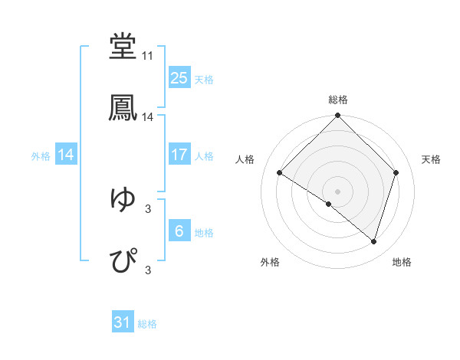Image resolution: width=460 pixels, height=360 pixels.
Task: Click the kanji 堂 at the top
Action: pyautogui.click(x=123, y=47)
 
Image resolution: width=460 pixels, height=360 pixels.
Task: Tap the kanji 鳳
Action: pyautogui.click(x=123, y=107)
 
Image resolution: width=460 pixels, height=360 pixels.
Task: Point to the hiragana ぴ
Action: pyautogui.click(x=123, y=260)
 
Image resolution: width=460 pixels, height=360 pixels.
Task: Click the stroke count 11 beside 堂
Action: pyautogui.click(x=147, y=57)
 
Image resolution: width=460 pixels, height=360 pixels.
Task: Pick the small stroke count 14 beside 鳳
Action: pyautogui.click(x=147, y=117)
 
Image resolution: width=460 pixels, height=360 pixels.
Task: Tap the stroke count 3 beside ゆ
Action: pyautogui.click(x=148, y=208)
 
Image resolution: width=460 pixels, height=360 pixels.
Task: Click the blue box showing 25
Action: pyautogui.click(x=179, y=78)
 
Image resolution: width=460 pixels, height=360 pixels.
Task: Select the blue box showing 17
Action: pyautogui.click(x=179, y=155)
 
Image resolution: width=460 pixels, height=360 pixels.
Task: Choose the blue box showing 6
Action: pyautogui.click(x=179, y=231)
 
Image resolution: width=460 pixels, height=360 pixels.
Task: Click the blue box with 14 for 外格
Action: pyautogui.click(x=66, y=155)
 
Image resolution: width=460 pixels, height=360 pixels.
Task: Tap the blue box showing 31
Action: pyautogui.click(x=123, y=323)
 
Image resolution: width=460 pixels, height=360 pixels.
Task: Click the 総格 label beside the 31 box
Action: pyautogui.click(x=147, y=324)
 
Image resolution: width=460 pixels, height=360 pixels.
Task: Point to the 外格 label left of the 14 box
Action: pyautogui.click(x=41, y=155)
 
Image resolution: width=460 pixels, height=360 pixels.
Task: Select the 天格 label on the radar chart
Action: pyautogui.click(x=431, y=159)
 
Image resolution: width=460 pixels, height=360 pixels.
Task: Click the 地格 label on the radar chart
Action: pyautogui.click(x=402, y=262)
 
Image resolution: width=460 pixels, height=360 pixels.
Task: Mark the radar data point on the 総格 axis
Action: pyautogui.click(x=337, y=116)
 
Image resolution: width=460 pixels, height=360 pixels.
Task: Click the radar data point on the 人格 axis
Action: pyautogui.click(x=280, y=173)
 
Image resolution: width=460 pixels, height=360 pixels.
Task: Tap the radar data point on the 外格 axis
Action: pyautogui.click(x=329, y=204)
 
